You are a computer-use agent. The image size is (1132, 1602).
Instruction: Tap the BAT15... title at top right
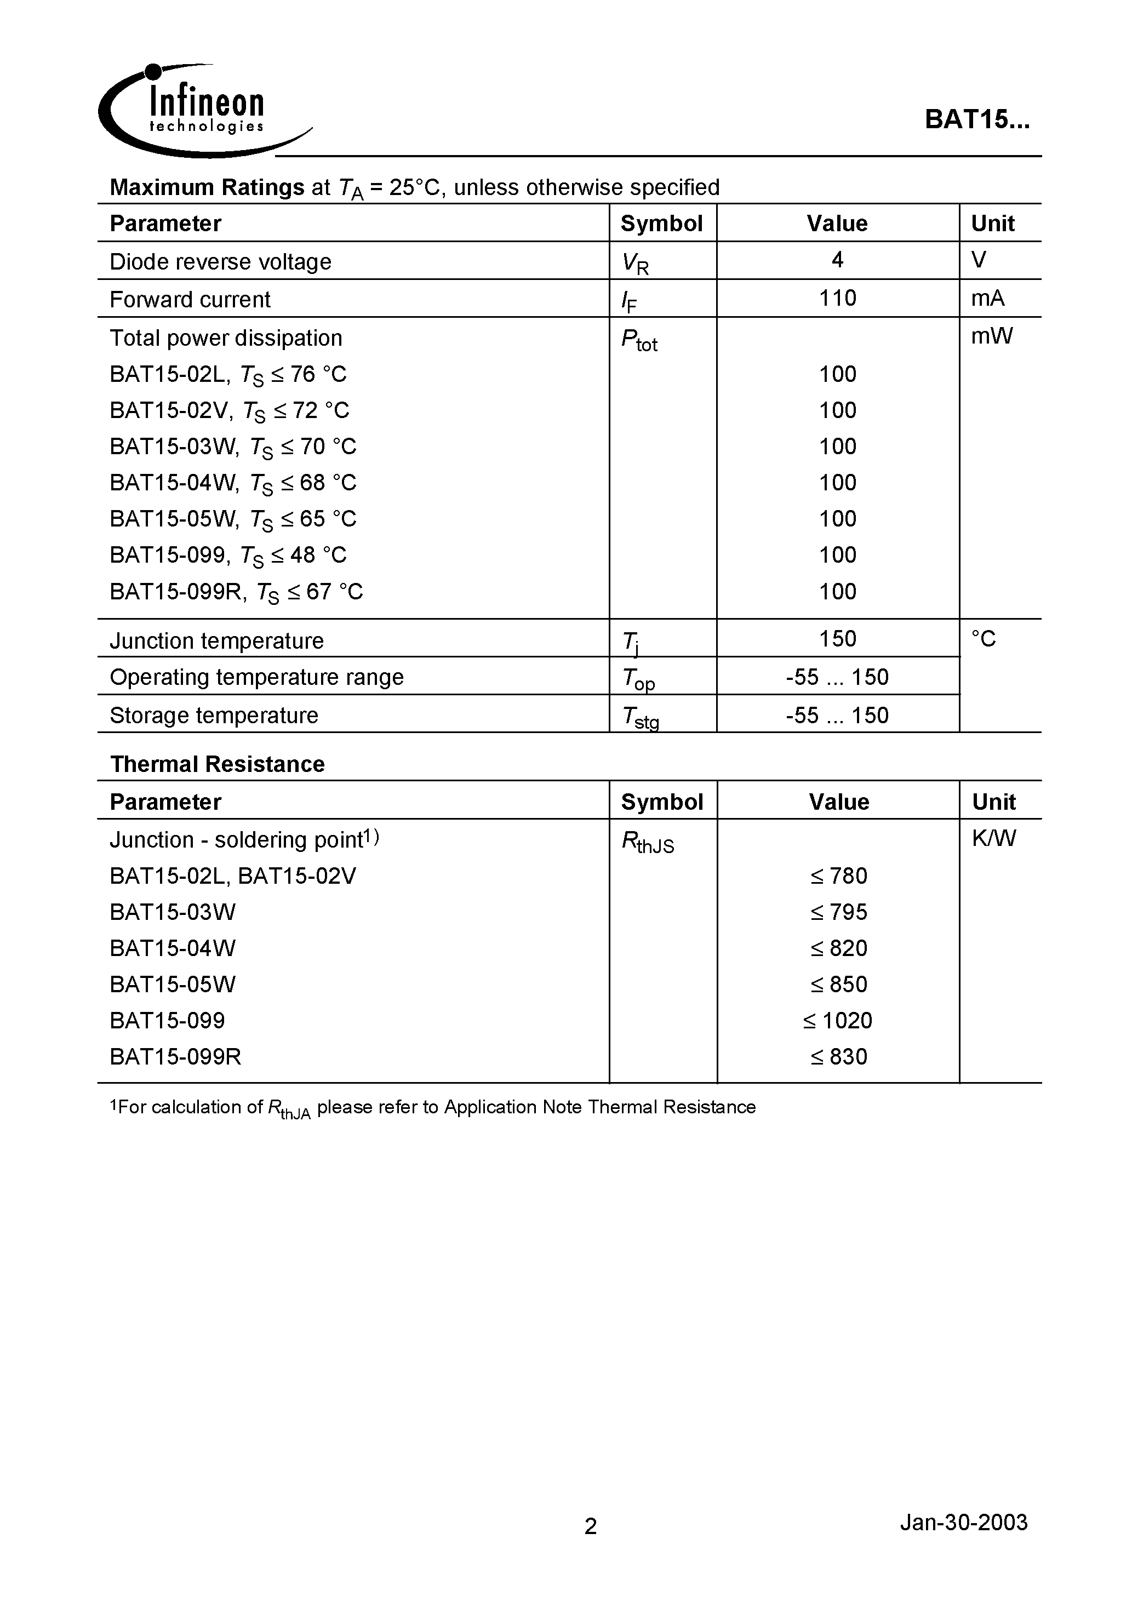point(976,119)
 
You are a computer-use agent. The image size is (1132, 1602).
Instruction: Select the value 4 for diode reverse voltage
point(837,260)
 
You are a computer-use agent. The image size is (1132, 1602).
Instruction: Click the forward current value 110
point(837,299)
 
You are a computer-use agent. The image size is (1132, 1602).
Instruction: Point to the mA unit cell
point(987,299)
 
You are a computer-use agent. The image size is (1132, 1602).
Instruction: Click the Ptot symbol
point(638,340)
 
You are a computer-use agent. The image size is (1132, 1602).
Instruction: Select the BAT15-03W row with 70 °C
point(232,447)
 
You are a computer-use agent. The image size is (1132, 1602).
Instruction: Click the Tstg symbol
point(640,717)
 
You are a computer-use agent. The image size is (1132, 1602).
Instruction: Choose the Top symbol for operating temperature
point(638,679)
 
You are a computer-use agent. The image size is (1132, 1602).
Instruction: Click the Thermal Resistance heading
point(217,764)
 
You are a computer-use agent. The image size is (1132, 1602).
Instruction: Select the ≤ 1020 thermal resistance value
point(837,1021)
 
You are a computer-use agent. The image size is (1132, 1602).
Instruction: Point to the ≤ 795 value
point(838,912)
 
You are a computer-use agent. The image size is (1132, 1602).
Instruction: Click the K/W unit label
point(994,838)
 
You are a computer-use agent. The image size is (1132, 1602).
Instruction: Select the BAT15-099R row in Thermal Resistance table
point(175,1057)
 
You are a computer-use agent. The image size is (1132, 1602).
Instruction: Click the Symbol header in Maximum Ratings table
point(661,224)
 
